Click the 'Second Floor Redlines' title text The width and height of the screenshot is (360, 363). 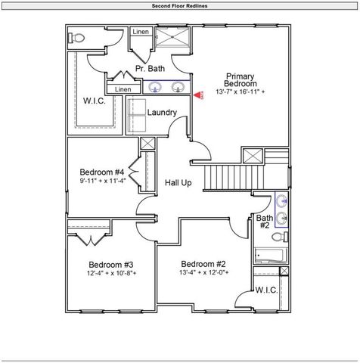tap(179, 5)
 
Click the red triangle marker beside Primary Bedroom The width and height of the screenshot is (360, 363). tap(198, 96)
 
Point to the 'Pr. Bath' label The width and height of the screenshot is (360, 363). tap(150, 69)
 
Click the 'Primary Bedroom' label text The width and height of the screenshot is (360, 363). tap(240, 80)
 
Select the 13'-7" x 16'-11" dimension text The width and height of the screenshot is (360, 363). tap(240, 92)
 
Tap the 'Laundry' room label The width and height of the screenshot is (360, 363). tap(162, 113)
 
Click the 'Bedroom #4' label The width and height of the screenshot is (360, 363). tap(101, 171)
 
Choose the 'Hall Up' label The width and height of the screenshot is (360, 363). tap(178, 183)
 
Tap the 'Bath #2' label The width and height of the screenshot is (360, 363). tap(264, 222)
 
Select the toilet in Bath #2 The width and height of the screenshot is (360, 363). tap(276, 237)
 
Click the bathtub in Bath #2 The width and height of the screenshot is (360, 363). tap(269, 256)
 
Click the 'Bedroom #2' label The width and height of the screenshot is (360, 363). tap(203, 263)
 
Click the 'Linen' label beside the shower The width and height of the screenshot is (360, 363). tap(140, 33)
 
